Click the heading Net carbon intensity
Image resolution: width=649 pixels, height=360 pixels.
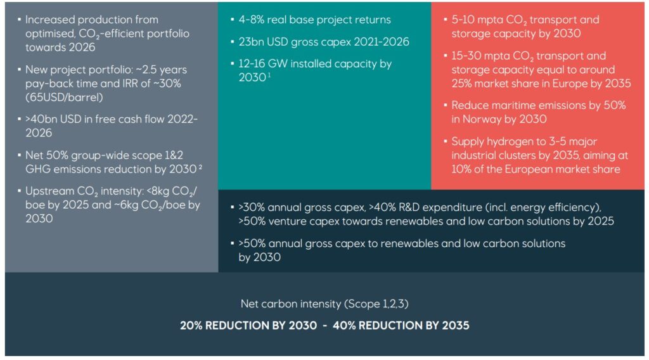coord(292,304)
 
